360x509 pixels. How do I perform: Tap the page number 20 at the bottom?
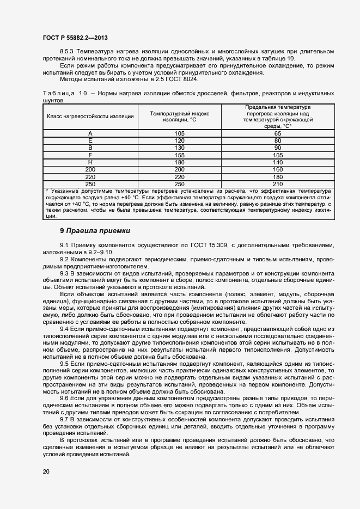[46, 471]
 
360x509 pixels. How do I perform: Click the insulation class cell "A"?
[90, 133]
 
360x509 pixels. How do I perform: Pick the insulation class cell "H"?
[90, 163]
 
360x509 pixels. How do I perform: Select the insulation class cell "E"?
[90, 140]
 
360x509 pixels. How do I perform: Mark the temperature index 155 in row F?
[180, 155]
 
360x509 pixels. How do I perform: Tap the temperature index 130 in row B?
[180, 148]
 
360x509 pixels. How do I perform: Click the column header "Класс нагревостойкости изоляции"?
[90, 116]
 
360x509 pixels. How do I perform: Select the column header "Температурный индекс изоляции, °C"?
[180, 116]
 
